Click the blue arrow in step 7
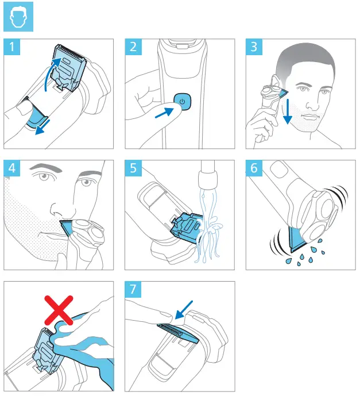pyautogui.click(x=186, y=309)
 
